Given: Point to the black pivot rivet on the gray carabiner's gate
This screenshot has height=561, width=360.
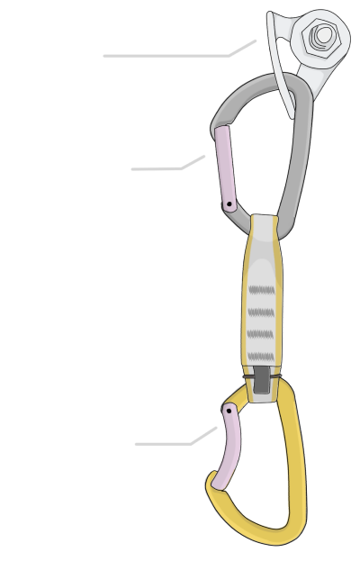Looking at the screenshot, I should (x=230, y=205).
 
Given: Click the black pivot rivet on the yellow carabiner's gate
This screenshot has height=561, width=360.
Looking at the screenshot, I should (x=230, y=410).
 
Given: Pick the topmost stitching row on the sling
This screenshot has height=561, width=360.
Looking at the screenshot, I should (x=260, y=289).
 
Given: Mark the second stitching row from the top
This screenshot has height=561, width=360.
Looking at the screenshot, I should (x=260, y=312).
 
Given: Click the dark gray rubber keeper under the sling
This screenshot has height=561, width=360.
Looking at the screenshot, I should (x=261, y=381).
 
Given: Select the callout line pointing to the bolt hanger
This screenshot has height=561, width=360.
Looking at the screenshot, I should (x=171, y=55).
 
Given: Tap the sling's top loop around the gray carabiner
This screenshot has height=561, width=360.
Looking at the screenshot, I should (x=263, y=226).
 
